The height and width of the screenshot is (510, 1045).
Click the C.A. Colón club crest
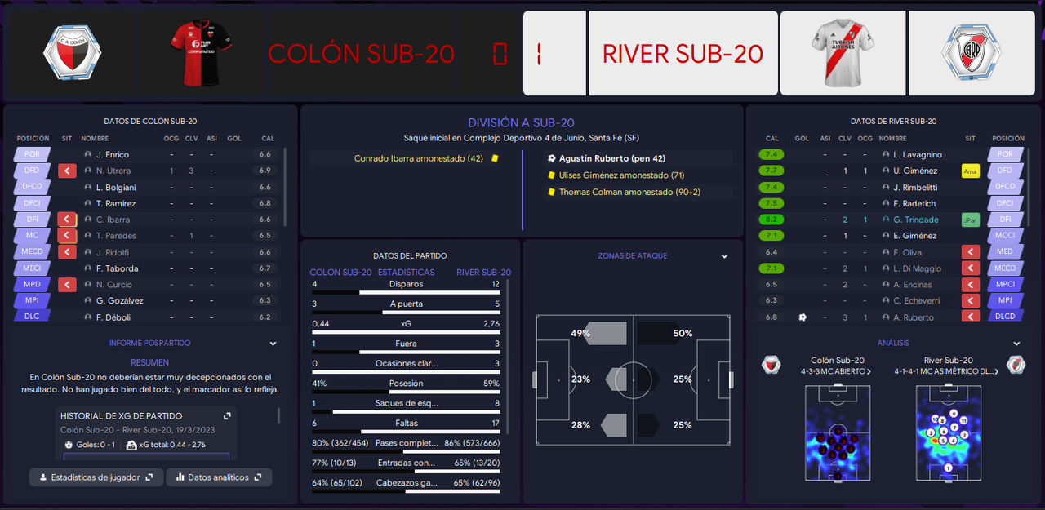pyautogui.click(x=72, y=53)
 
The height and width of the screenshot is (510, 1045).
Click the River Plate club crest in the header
pyautogui.click(x=972, y=53)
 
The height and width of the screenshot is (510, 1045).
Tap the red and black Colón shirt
pyautogui.click(x=200, y=53)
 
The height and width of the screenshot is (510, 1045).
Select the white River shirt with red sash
pyautogui.click(x=844, y=53)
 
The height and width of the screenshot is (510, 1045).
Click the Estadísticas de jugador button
pyautogui.click(x=95, y=477)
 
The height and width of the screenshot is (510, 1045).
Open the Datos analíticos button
pyautogui.click(x=218, y=477)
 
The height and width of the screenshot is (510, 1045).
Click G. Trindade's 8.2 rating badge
pyautogui.click(x=772, y=220)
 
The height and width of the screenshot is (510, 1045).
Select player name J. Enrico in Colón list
pyautogui.click(x=113, y=154)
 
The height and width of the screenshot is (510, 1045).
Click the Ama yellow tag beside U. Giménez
pyautogui.click(x=970, y=171)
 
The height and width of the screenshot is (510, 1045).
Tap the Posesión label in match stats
pyautogui.click(x=406, y=384)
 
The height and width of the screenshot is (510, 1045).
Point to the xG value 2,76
pyautogui.click(x=490, y=324)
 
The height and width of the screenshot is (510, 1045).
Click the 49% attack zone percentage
pyautogui.click(x=580, y=333)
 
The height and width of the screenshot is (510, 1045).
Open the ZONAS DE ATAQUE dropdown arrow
pyautogui.click(x=724, y=256)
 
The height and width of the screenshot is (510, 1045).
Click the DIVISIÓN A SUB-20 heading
pyautogui.click(x=522, y=122)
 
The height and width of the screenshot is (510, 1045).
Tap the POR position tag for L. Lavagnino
pyautogui.click(x=1005, y=154)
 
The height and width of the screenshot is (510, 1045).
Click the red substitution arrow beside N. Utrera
pyautogui.click(x=68, y=171)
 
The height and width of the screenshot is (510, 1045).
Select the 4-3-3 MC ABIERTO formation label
pyautogui.click(x=838, y=371)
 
